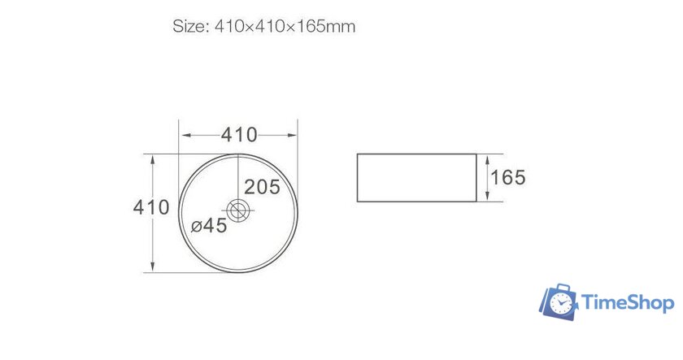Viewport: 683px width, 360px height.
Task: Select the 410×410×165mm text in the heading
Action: coord(285,26)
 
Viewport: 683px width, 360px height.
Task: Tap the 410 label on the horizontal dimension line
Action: coord(240,134)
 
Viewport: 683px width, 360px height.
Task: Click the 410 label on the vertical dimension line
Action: coord(152,207)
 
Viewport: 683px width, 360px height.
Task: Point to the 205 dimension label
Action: coord(262,187)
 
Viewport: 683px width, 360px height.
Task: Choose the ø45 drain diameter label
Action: coord(209,226)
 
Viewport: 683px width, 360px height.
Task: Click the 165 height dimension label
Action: coord(509,176)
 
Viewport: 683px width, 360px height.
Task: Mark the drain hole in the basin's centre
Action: coord(238,211)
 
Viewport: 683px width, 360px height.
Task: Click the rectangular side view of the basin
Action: coord(416,176)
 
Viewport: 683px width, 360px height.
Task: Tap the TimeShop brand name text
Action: coord(627,303)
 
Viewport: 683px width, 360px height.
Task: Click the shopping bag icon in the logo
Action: coord(558,301)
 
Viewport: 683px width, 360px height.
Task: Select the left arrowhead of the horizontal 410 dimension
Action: coord(183,134)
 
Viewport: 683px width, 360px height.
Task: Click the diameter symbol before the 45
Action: coord(196,227)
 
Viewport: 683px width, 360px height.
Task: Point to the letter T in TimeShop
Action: coord(587,303)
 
